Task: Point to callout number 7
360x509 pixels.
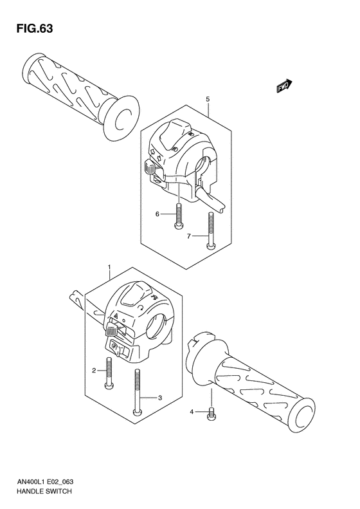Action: point(188,237)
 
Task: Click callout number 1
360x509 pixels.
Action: point(109,266)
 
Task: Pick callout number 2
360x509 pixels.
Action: point(94,371)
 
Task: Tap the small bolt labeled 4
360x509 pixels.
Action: point(211,415)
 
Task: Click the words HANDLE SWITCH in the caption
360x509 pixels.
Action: point(40,491)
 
